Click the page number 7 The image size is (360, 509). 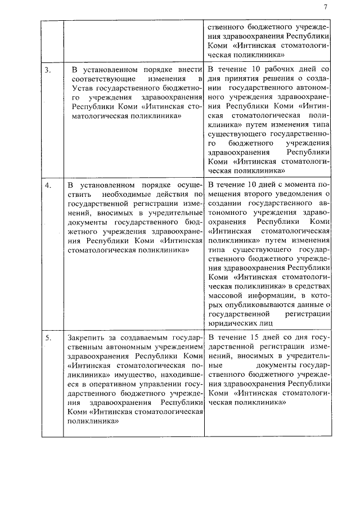pyautogui.click(x=326, y=7)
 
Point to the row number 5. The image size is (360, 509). pyautogui.click(x=48, y=337)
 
